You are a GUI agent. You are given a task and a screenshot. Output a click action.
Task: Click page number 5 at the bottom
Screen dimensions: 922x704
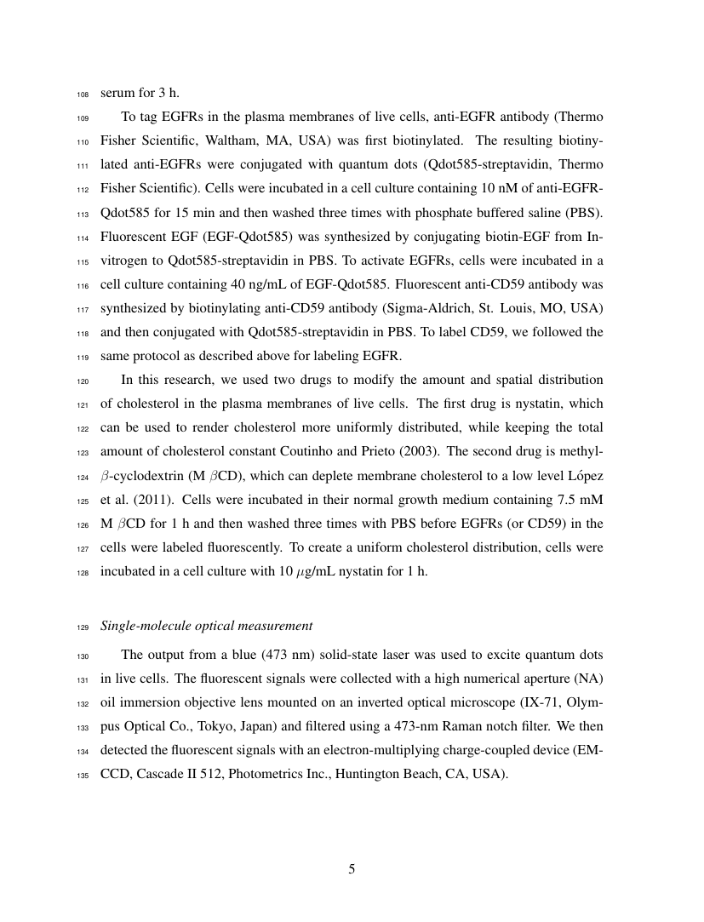tap(352, 869)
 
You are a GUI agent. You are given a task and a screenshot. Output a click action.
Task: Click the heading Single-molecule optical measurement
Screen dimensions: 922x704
tap(207, 626)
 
